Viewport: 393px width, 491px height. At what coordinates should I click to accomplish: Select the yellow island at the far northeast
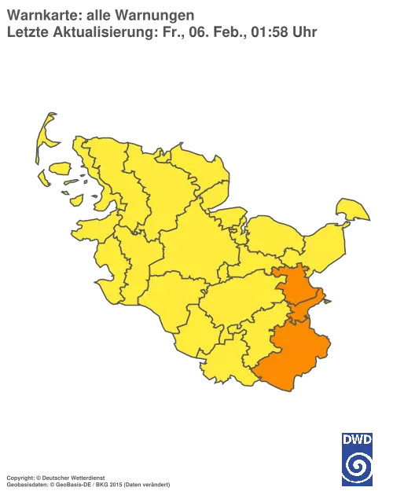pos(352,209)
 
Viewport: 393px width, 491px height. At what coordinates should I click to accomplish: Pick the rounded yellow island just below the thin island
pos(61,167)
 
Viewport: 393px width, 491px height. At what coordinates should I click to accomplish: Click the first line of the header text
pos(102,13)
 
